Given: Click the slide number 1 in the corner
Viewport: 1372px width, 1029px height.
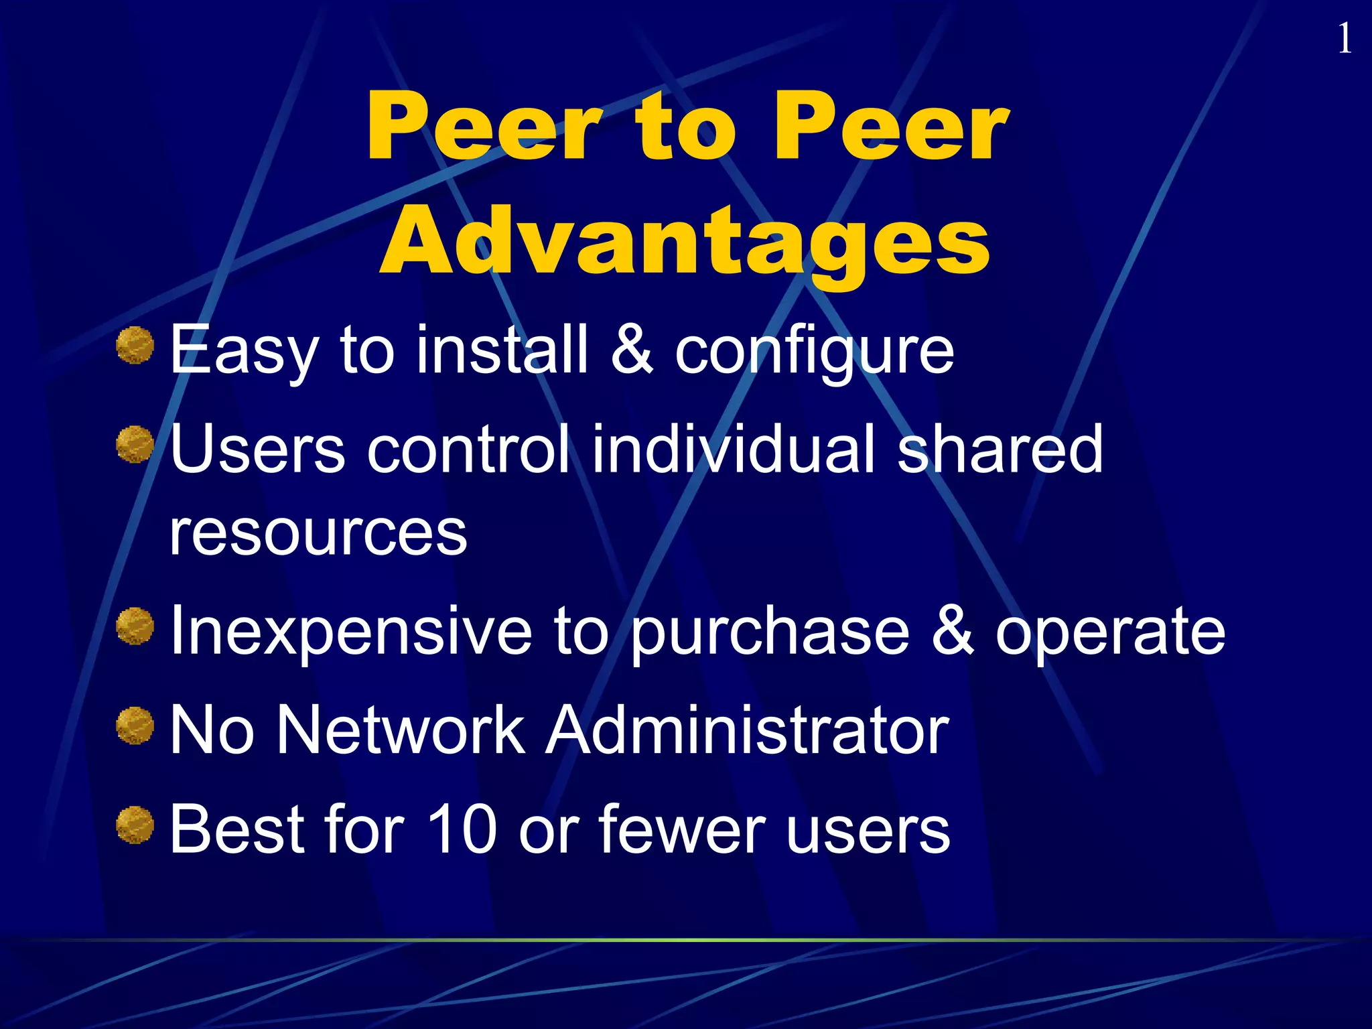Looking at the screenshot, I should pos(1344,39).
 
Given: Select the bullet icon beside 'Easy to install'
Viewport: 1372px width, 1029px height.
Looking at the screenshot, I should pos(135,346).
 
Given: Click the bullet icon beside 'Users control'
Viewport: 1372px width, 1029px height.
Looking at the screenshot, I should pos(135,445).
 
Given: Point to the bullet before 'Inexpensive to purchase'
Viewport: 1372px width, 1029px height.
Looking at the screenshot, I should pos(135,626).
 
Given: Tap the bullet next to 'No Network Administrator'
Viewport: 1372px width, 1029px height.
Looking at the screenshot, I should pos(135,726).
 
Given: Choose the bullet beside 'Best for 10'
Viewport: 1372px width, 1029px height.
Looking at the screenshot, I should pos(135,825).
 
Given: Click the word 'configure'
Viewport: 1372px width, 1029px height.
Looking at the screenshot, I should pos(814,351).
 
